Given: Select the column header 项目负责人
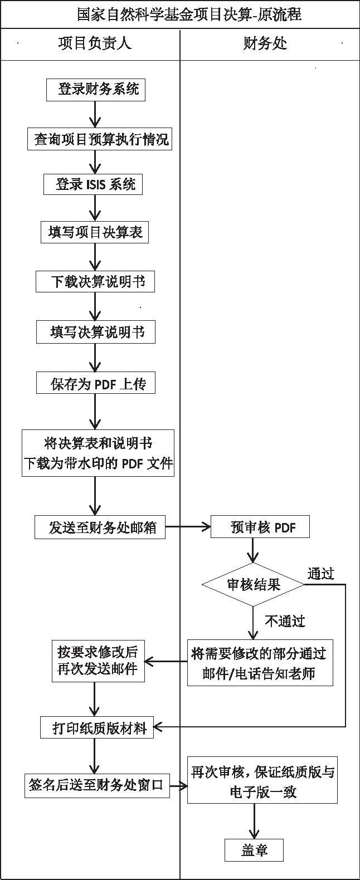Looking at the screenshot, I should (x=95, y=43).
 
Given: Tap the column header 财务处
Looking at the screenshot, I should (x=265, y=43).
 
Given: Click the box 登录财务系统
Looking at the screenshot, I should (x=95, y=89).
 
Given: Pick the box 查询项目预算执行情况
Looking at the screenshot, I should (x=99, y=139).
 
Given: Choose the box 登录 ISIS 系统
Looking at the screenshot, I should (x=93, y=184).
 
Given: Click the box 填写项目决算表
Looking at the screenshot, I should (x=95, y=232).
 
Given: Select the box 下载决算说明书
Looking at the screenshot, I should (x=95, y=282).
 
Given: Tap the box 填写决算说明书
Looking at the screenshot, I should (x=95, y=333).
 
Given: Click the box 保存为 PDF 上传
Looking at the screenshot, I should (x=95, y=384).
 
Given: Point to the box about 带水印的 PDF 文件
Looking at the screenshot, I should (x=98, y=453).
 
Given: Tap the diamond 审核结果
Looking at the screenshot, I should (x=254, y=584).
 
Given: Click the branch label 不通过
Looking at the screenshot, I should (x=285, y=621).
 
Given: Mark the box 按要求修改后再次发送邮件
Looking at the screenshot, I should (x=98, y=661).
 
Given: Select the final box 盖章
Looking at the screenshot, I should (x=255, y=850).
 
